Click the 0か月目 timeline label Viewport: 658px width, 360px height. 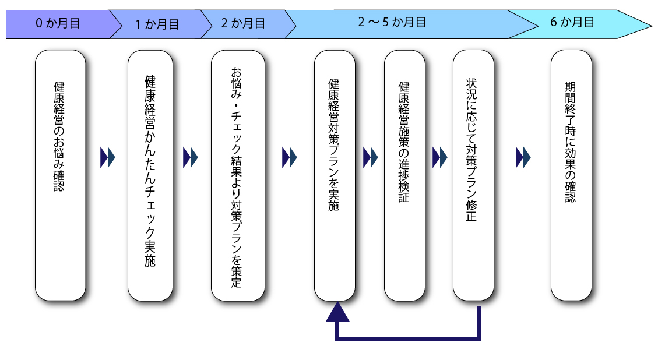coord(57,24)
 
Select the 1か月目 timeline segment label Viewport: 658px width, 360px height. coord(157,24)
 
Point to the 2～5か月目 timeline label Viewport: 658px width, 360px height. coord(392,23)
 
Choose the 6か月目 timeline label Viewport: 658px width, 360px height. coord(572,23)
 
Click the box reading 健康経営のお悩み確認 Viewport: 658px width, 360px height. coord(60,175)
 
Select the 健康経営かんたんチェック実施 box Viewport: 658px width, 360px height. coord(150,175)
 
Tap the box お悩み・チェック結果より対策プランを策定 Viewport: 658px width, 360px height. coord(237,175)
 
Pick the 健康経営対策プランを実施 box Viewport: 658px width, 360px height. coord(335,175)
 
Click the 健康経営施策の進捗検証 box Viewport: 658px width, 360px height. coord(404,175)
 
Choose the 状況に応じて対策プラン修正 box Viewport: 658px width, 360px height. coord(473,175)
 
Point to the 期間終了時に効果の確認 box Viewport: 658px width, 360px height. coord(571,175)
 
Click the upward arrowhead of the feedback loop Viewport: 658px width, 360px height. coord(337,313)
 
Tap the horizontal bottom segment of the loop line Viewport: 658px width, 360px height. coord(408,337)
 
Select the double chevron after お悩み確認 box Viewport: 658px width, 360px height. coord(108,157)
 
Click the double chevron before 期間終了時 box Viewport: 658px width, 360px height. coord(523,157)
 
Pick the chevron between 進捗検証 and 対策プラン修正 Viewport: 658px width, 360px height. coord(439,157)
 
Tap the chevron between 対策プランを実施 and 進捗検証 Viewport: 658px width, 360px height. coord(370,157)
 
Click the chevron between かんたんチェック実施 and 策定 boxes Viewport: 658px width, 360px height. coord(191,157)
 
